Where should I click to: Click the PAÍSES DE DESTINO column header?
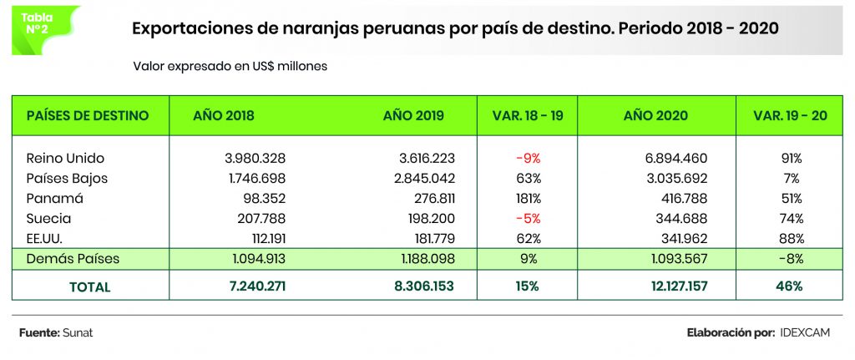(88, 115)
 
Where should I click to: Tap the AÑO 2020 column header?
(655, 115)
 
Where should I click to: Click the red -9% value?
(527, 158)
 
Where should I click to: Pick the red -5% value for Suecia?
(527, 219)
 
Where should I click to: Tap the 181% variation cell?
(527, 199)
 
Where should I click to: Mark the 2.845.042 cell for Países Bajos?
(420, 178)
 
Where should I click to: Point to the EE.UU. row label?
(48, 239)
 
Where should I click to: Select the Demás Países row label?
(73, 259)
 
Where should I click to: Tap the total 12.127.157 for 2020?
(680, 286)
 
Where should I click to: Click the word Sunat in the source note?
(78, 333)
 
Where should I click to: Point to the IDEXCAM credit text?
(807, 333)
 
